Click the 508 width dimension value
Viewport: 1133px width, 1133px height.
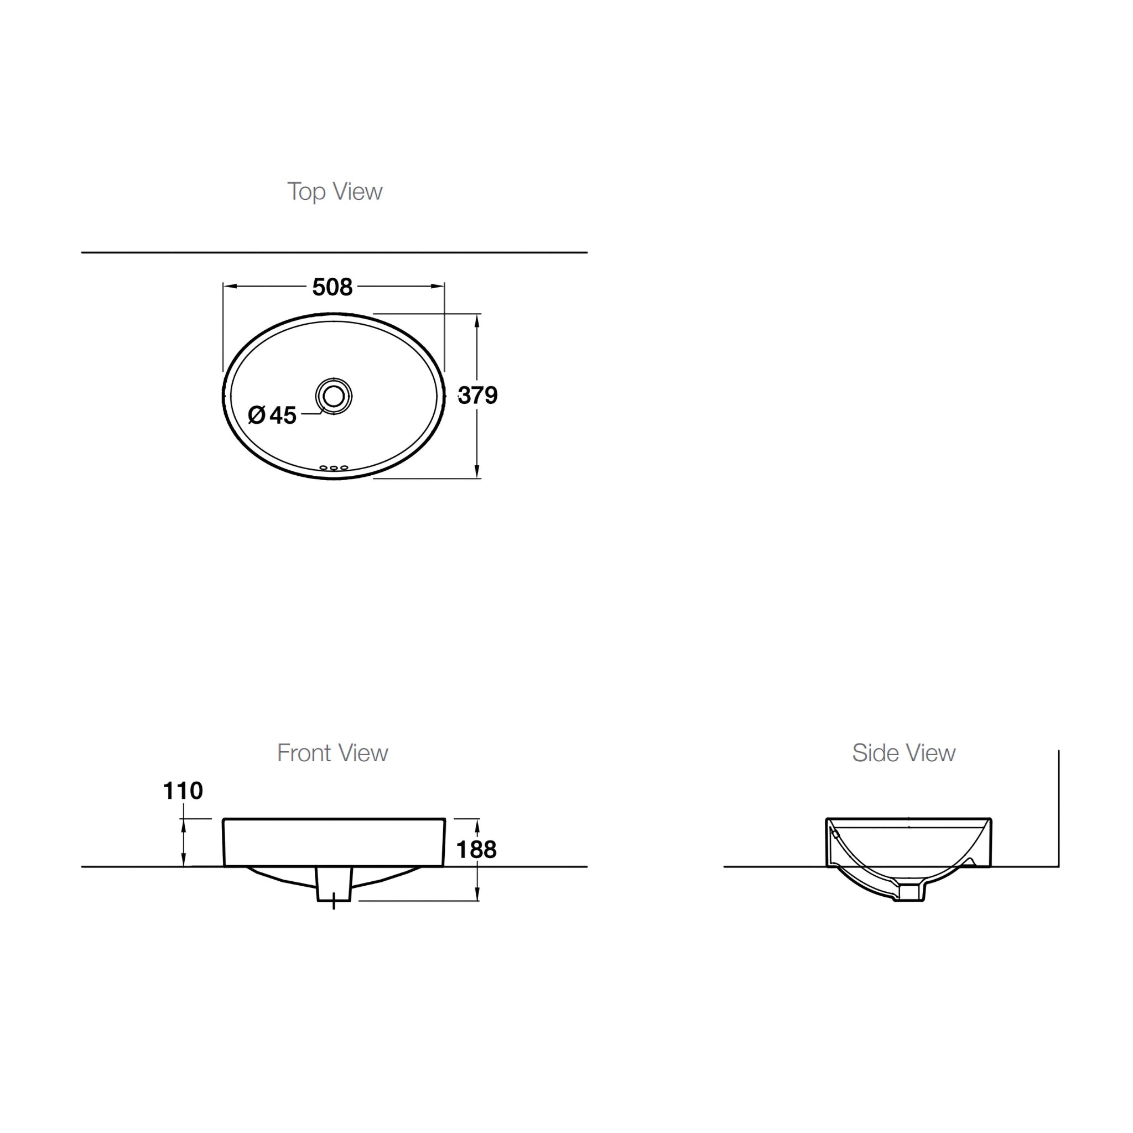332,287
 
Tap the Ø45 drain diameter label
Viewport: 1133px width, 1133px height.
272,415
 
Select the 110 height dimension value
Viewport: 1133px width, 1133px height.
183,791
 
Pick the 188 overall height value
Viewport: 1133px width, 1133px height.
476,850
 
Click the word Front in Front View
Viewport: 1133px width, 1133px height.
304,753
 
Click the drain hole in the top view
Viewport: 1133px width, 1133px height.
334,396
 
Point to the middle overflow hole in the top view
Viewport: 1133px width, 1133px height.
334,468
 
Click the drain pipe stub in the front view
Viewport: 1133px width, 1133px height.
334,885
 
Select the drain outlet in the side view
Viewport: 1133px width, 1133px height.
911,893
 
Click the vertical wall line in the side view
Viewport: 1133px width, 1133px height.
1058,809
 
